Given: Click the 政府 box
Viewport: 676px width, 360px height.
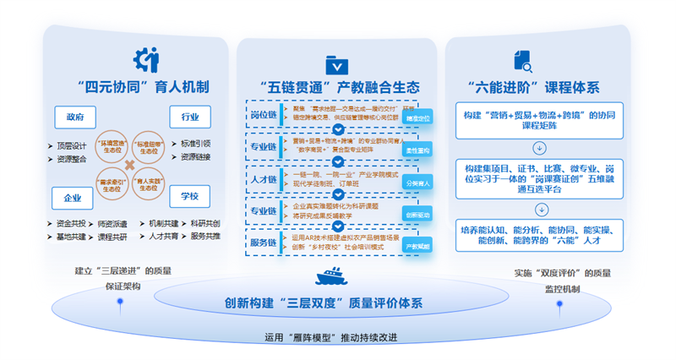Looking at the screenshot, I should pos(74,117).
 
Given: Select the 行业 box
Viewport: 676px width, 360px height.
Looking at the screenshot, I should pos(190,117).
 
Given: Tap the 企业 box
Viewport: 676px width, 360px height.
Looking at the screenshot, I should pos(73,199).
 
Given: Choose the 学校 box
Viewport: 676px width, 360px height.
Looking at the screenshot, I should pos(190,197).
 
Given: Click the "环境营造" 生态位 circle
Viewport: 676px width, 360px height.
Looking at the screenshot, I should pos(113,146).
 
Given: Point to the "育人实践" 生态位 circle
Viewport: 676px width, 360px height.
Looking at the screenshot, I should pos(149,184).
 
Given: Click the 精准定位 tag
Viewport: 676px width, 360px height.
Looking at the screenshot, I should pos(417,118).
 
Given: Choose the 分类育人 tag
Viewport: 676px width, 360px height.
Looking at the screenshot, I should pos(417,182).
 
